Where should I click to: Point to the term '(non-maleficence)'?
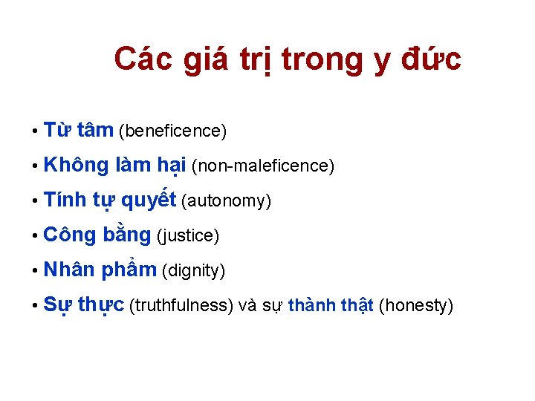[263, 166]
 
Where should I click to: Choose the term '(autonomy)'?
[226, 201]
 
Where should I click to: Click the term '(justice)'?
[187, 236]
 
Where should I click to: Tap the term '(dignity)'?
[193, 271]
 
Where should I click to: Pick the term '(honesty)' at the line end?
[415, 306]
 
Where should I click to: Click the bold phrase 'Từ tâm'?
[78, 131]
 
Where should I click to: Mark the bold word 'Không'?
[76, 165]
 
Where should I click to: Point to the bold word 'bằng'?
[126, 235]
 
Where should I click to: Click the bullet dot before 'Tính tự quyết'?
[35, 201]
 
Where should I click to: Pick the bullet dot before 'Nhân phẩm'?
[35, 271]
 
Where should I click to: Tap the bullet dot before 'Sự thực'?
[35, 306]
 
